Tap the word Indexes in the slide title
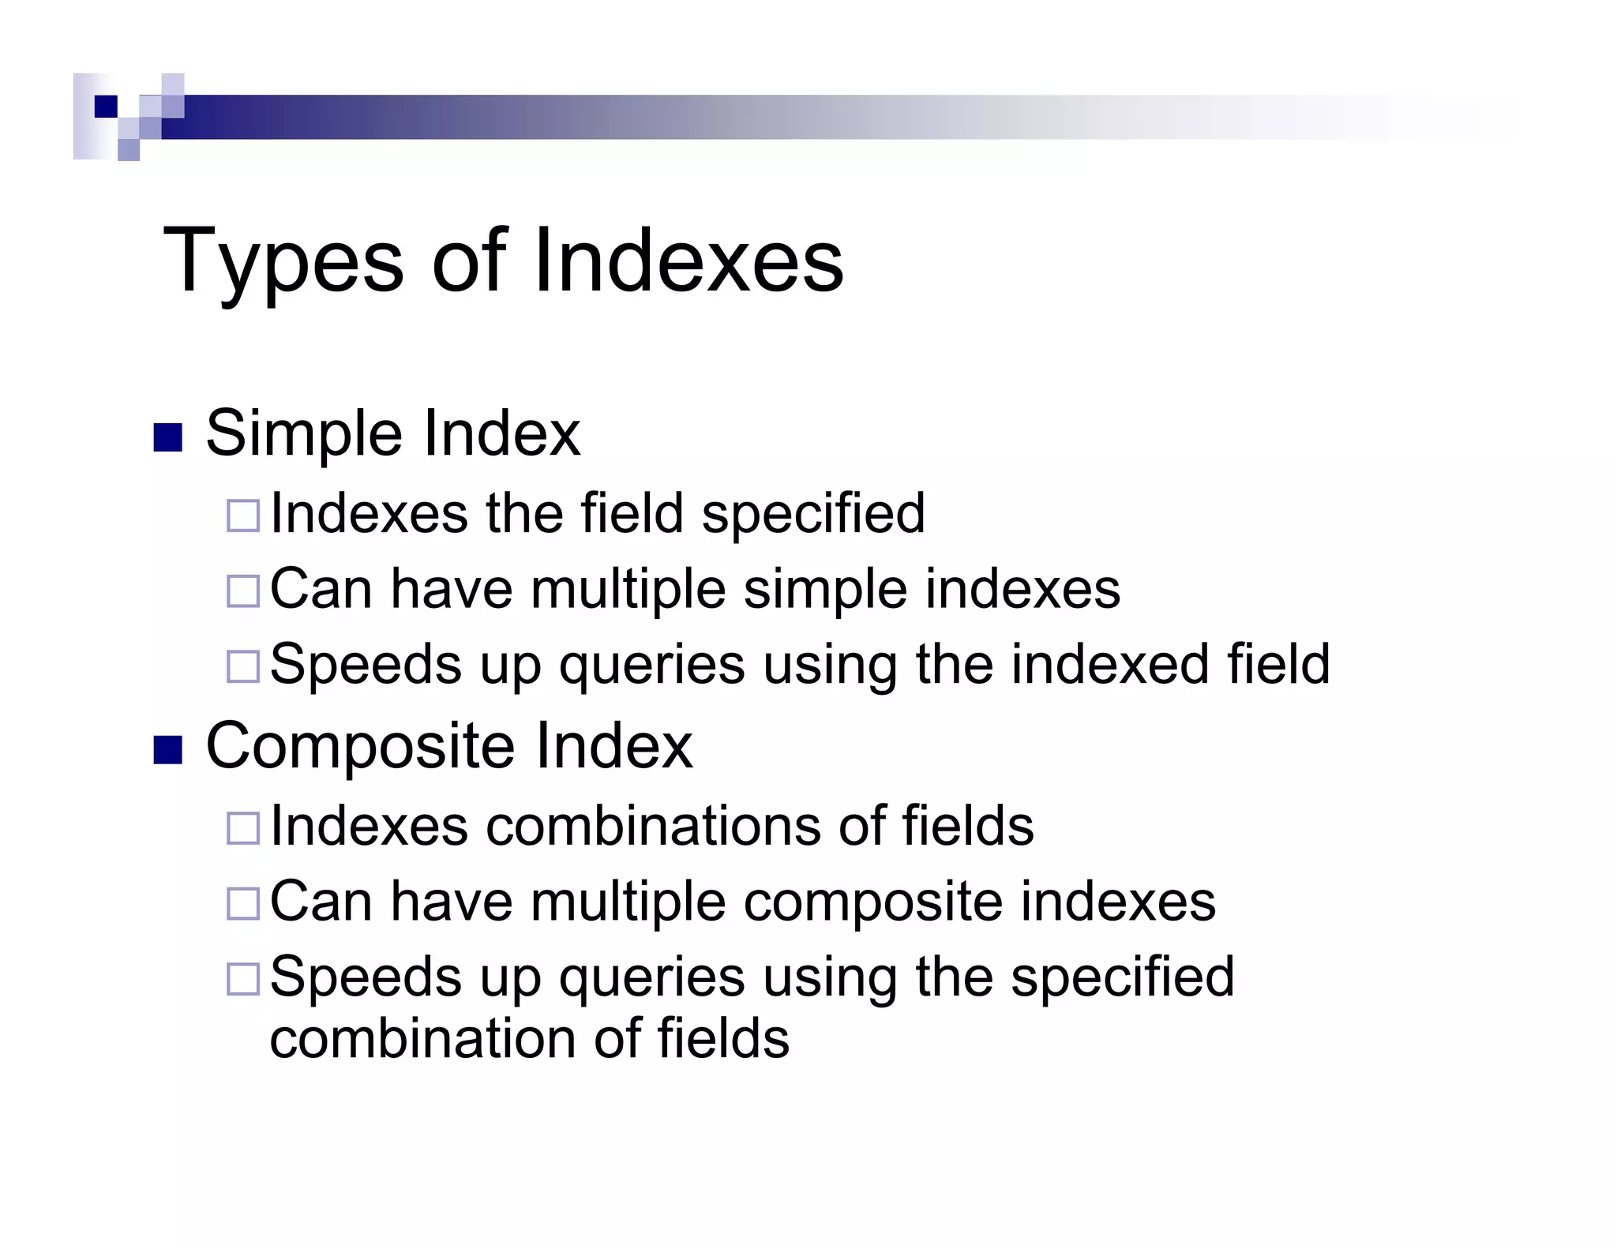tap(688, 261)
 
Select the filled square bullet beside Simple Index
tap(167, 438)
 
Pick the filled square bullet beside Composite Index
tap(167, 750)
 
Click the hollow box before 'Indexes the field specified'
tap(243, 516)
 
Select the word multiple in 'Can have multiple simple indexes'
tap(628, 590)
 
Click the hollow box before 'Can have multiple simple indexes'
tap(243, 591)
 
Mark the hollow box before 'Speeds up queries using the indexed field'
tap(243, 666)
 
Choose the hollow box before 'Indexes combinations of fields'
tap(243, 828)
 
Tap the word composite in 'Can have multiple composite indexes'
tap(872, 902)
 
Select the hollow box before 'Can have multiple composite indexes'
tap(243, 903)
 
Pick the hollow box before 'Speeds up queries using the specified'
tap(243, 979)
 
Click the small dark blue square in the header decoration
tap(106, 107)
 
